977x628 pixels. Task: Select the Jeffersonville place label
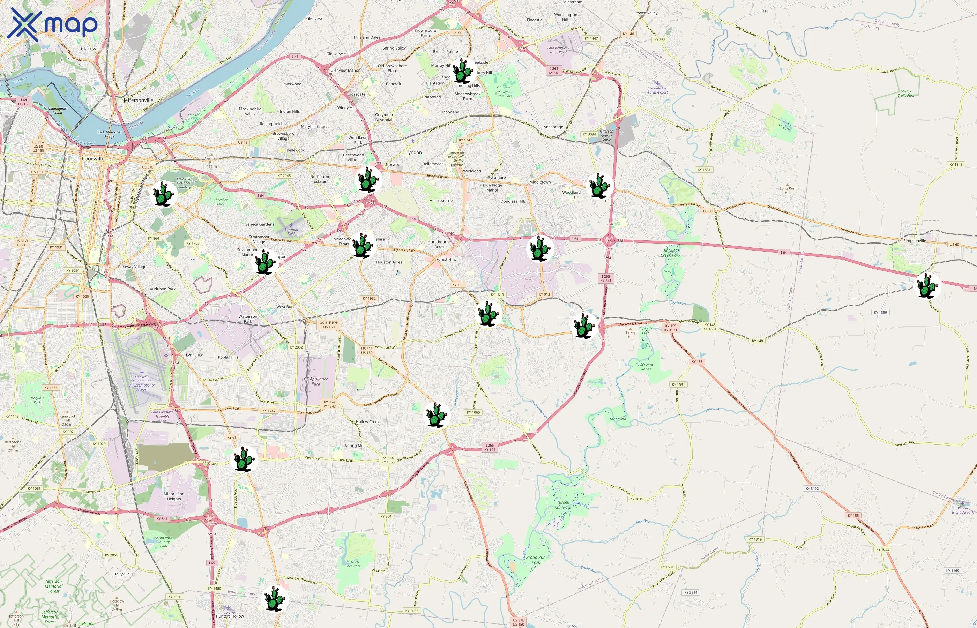coord(138,100)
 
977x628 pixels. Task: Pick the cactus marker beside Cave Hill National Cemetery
coord(164,194)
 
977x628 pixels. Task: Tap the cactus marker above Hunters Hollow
coord(275,599)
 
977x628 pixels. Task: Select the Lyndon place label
coord(413,152)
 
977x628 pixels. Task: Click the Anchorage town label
coord(553,127)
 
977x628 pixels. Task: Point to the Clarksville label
coord(91,48)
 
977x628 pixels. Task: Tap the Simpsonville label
coord(914,241)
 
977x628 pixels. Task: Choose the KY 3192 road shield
coord(812,488)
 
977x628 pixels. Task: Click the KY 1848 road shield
coord(955,165)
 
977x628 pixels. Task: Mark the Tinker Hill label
coord(631,334)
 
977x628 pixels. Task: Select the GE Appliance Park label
coord(316,381)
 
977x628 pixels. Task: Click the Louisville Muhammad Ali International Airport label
coord(142,383)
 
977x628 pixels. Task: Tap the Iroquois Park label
coord(37,400)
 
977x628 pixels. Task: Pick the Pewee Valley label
coord(646,13)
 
